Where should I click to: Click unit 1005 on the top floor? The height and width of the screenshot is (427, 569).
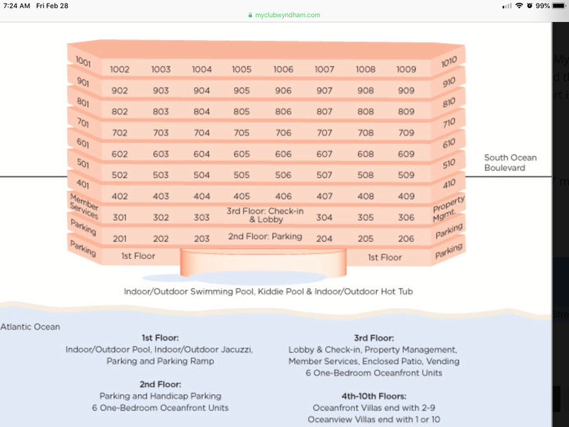coord(242,69)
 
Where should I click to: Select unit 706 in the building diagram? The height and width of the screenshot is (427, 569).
coord(283,133)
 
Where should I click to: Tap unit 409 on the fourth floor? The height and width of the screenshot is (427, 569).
coord(406,196)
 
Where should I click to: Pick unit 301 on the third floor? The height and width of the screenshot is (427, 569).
coord(119,218)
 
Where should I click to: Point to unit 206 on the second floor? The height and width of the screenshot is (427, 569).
coord(405,238)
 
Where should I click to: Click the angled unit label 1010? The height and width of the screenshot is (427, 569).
coord(449,62)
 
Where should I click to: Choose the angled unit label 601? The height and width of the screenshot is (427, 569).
coord(83,143)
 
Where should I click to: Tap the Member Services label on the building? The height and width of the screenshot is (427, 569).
coord(84,206)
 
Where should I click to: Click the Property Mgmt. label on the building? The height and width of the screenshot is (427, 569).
coord(448,209)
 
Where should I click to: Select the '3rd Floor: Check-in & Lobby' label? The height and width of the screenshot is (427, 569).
coord(265,215)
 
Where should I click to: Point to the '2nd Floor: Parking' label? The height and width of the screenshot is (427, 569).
coord(265,236)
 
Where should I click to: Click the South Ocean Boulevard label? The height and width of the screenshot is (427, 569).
coord(510,163)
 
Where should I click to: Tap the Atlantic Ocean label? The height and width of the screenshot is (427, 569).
coord(30,327)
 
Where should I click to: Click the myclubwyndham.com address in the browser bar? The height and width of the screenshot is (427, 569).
coord(287,15)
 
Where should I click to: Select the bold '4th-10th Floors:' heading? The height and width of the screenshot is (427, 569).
coord(374,396)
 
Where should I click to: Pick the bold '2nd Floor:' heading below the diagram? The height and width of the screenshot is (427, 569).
coord(160,384)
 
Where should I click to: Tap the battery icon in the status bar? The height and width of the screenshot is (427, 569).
coord(559,6)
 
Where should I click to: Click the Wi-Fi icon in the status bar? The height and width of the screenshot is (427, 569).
coord(519,6)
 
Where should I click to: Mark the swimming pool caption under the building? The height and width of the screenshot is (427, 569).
coord(268,292)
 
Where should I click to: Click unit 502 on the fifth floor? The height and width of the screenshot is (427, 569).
coord(119,175)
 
